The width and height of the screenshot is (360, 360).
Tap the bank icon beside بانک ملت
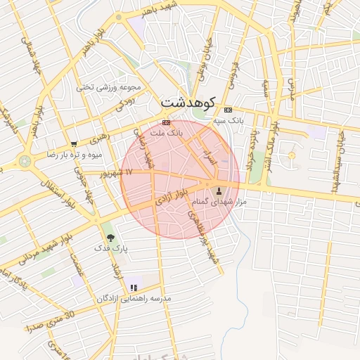click(x=165, y=122)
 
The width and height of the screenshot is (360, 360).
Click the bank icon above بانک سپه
click(x=228, y=110)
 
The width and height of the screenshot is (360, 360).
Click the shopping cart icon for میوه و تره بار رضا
click(x=73, y=144)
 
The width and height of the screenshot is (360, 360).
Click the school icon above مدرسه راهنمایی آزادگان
click(x=134, y=288)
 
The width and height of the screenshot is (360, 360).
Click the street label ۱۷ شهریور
click(x=116, y=172)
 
